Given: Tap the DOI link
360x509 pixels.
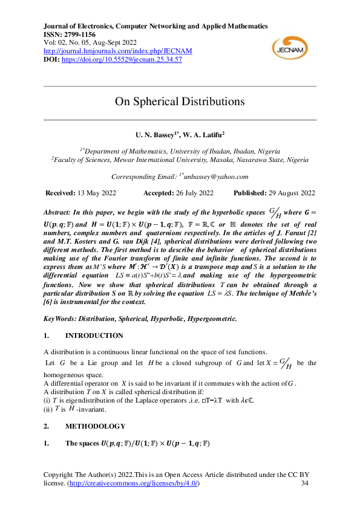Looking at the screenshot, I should click(x=120, y=60).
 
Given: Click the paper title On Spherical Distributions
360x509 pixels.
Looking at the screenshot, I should click(x=180, y=101).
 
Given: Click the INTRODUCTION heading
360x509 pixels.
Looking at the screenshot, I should click(x=94, y=336).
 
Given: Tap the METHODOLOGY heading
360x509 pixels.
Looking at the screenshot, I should click(x=95, y=426).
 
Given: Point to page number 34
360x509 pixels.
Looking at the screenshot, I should click(x=304, y=484).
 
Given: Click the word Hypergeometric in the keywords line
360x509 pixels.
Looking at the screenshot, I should click(x=209, y=318).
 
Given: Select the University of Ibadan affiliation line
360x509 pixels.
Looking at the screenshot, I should click(x=180, y=150).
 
